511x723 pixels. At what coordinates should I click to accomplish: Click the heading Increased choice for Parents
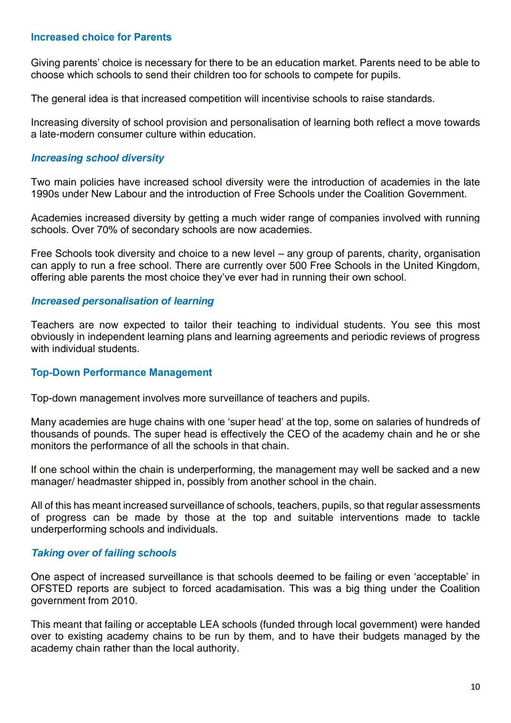click(101, 37)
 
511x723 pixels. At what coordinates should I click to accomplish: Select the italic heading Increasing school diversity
click(97, 158)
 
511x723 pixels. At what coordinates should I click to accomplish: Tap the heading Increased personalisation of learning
click(122, 301)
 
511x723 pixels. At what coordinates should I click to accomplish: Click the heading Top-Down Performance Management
click(121, 373)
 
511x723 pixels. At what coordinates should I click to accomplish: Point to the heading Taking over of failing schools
click(104, 553)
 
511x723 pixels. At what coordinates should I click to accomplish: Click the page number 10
click(475, 687)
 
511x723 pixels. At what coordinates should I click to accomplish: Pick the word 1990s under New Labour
click(45, 194)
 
